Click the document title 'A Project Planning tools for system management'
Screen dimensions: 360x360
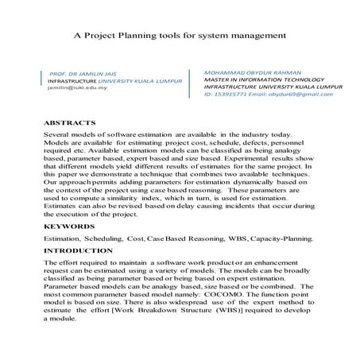[180, 35]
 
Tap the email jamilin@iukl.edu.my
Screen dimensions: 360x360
[76, 89]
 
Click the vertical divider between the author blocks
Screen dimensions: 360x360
[188, 83]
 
